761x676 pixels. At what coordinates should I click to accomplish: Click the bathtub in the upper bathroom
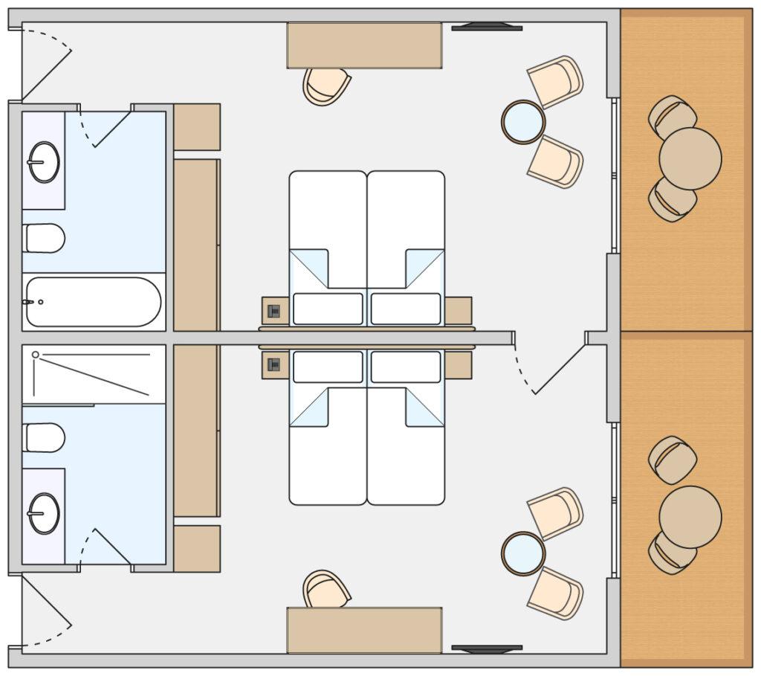click(94, 302)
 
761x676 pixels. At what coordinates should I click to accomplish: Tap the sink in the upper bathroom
click(44, 161)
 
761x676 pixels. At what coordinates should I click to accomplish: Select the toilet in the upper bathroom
click(44, 238)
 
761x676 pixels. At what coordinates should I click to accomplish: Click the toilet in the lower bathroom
click(44, 437)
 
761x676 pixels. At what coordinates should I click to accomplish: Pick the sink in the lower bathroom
click(44, 514)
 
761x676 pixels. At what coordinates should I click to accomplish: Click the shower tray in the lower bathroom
click(94, 374)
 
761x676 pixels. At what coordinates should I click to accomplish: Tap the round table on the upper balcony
click(690, 158)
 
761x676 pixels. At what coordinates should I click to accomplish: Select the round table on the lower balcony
click(690, 517)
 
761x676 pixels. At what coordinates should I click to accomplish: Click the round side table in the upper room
click(523, 122)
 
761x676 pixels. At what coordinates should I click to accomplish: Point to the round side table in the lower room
click(523, 553)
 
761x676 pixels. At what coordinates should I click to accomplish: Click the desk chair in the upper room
click(326, 85)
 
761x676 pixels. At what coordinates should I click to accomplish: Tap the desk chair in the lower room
click(326, 590)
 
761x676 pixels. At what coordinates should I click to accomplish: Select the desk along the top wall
click(364, 45)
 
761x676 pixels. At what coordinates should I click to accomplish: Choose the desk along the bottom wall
click(364, 630)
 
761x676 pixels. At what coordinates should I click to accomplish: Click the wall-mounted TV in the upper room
click(487, 28)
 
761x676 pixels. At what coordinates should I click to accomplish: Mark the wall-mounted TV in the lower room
click(487, 648)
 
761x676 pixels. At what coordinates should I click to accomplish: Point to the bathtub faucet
click(30, 302)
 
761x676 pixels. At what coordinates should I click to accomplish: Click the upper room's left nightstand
click(274, 311)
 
